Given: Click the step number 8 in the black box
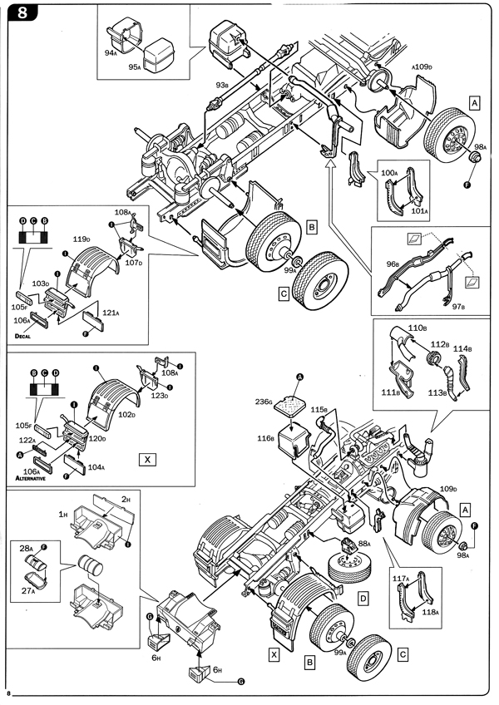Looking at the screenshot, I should [x=18, y=12].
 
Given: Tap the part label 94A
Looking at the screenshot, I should [x=111, y=51].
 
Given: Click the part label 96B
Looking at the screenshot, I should [x=393, y=264].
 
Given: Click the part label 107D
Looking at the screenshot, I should [x=135, y=264].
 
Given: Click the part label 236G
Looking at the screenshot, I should [x=265, y=402].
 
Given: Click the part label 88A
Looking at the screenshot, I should [x=365, y=544].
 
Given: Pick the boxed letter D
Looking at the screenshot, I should [x=363, y=597].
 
